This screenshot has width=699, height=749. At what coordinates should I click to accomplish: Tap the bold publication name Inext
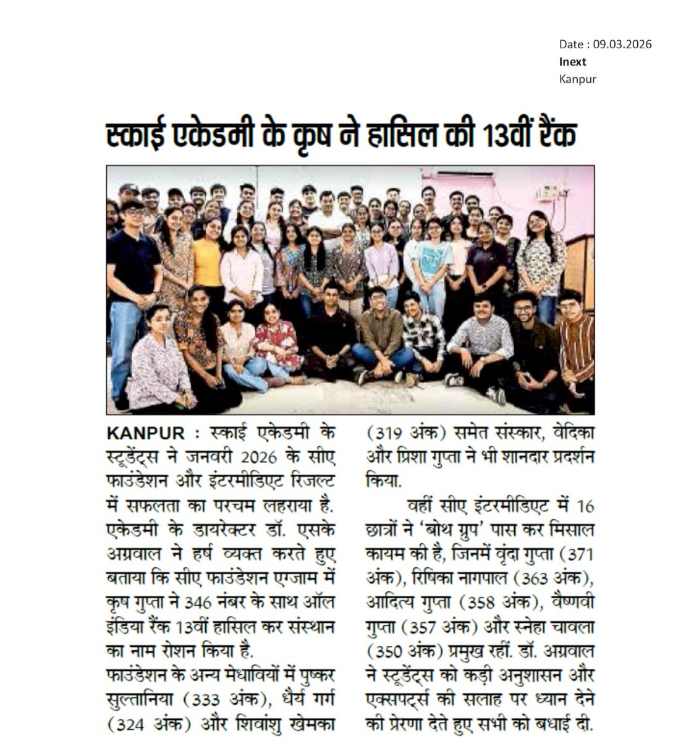572,61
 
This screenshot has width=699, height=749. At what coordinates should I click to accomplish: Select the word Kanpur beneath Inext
577,78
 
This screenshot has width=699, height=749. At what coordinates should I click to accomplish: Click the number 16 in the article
584,506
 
